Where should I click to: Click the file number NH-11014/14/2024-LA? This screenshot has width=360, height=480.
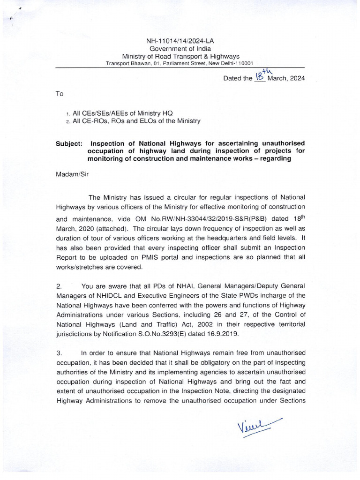180,41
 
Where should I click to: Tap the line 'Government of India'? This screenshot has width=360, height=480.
180,49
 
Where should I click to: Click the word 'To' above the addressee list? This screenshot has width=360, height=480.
60,94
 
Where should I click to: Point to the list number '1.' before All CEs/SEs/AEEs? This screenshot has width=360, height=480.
68,114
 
